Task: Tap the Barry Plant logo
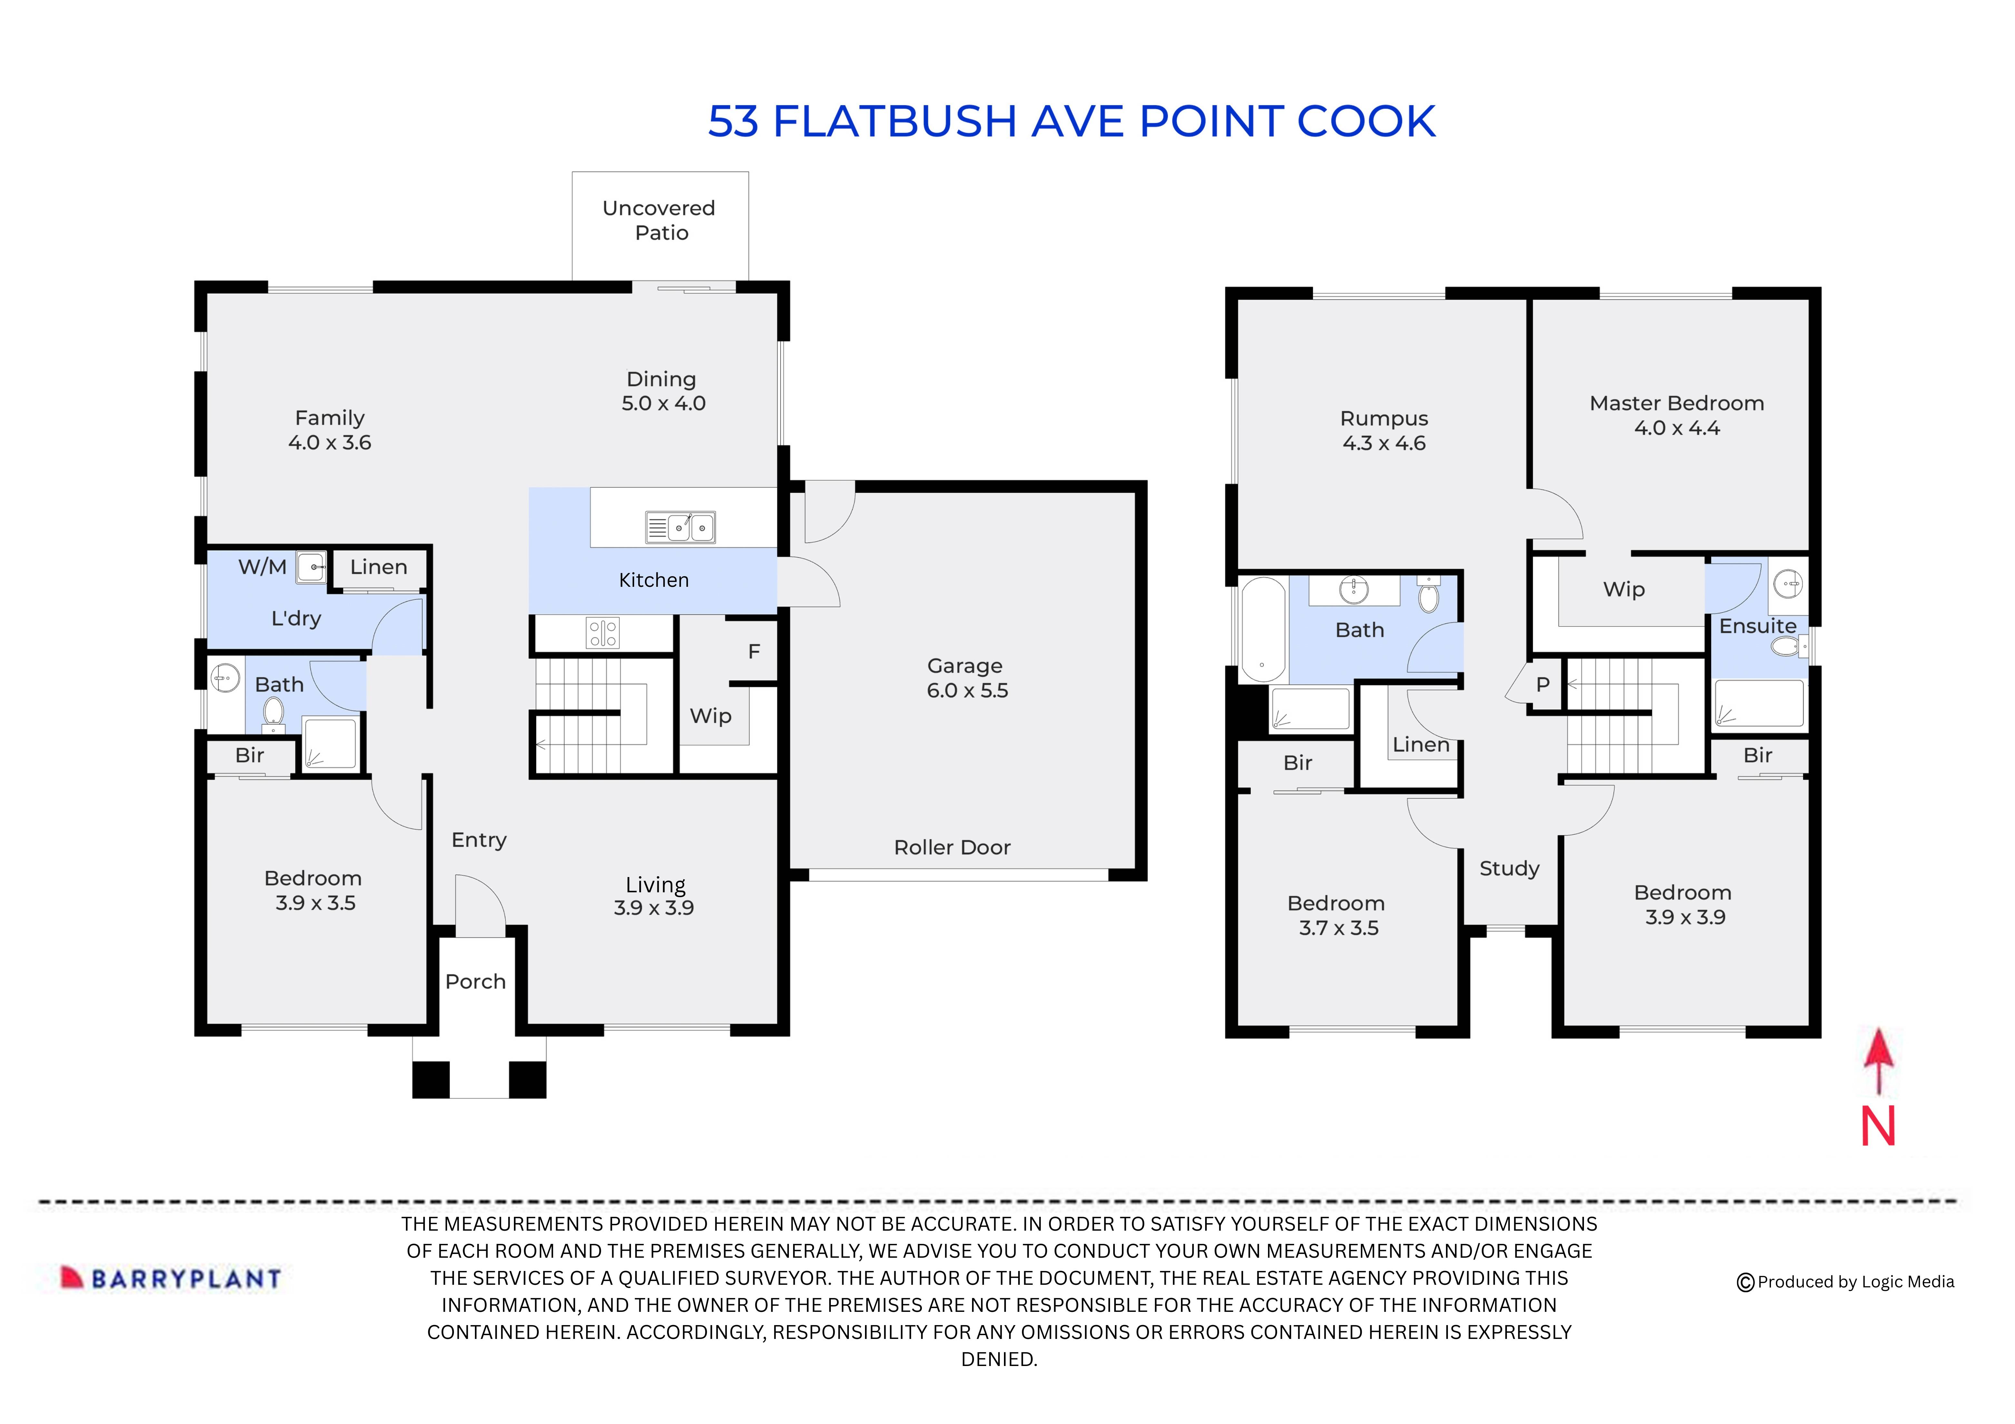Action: (171, 1278)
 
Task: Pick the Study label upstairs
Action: (1509, 869)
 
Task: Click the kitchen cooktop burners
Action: (603, 633)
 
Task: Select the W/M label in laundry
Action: (262, 567)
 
